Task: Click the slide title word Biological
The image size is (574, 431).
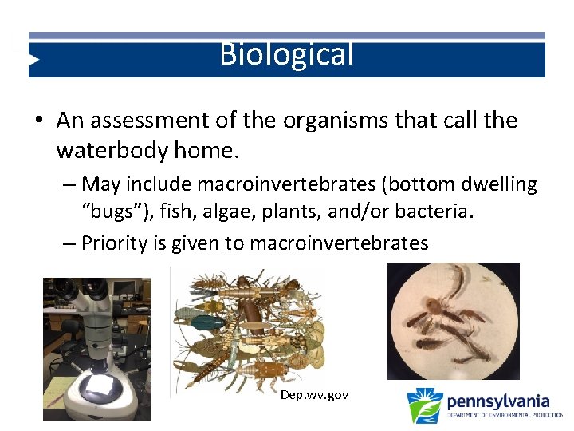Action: click(286, 55)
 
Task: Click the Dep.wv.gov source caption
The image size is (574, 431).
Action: click(314, 395)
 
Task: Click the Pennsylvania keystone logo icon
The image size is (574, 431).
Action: click(424, 405)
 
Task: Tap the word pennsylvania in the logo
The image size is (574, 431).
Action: click(497, 400)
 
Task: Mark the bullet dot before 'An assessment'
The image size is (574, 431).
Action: click(39, 121)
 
